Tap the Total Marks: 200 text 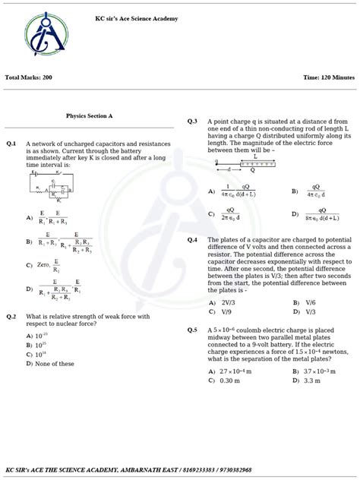click(x=29, y=77)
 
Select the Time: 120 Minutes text click(x=328, y=77)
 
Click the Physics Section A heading click(x=89, y=116)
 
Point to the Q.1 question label click(x=11, y=143)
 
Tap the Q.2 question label click(x=11, y=316)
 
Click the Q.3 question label click(x=192, y=122)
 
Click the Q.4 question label click(x=192, y=239)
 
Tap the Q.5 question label click(x=192, y=330)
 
